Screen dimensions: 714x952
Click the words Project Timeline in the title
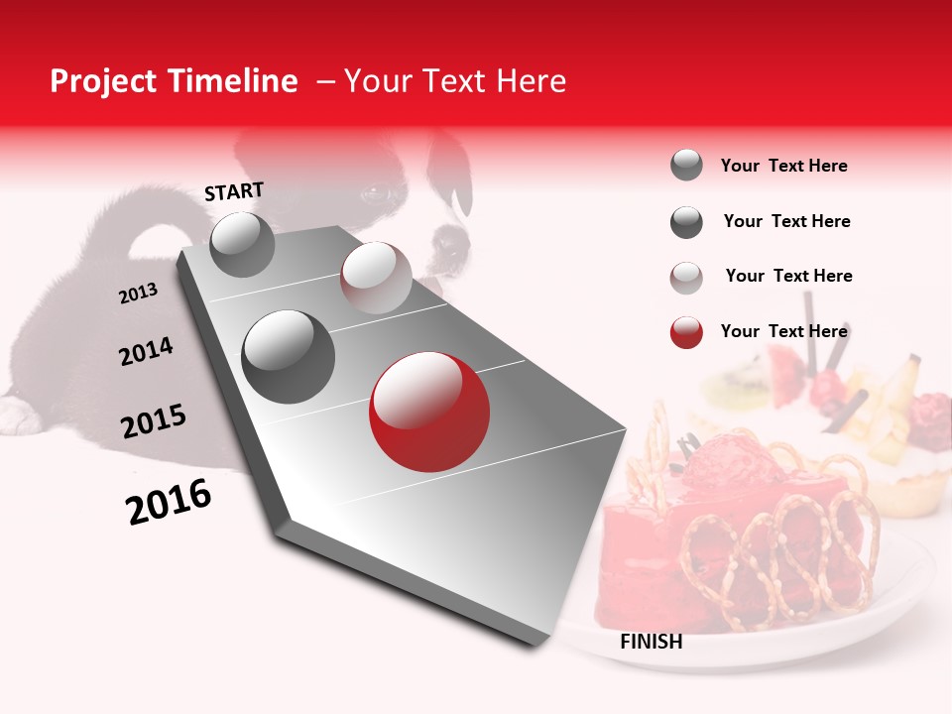(x=174, y=81)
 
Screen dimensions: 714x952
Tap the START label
(x=234, y=191)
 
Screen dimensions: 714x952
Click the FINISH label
(x=651, y=642)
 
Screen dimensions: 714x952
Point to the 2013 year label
(x=138, y=294)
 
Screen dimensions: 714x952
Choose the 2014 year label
(x=146, y=351)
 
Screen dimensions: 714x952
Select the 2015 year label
(x=154, y=421)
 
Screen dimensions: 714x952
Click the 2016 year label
(x=169, y=502)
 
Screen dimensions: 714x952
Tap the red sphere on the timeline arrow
(x=428, y=412)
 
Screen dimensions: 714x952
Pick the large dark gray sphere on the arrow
(x=289, y=357)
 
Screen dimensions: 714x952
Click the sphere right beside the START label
(x=242, y=244)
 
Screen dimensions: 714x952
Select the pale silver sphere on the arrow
(x=376, y=278)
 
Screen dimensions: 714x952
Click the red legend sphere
(x=686, y=332)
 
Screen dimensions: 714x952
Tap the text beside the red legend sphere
(x=783, y=331)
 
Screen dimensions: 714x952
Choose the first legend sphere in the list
(x=686, y=165)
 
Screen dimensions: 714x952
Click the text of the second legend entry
(x=786, y=221)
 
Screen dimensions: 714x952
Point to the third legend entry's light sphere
(x=686, y=278)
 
